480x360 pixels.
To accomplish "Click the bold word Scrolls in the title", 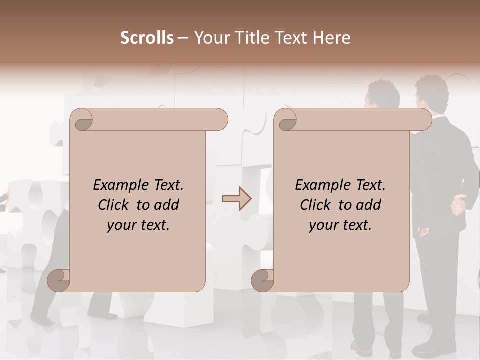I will [x=147, y=38].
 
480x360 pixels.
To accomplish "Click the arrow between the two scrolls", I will [x=236, y=199].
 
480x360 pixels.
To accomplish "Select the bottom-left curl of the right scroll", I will [x=263, y=280].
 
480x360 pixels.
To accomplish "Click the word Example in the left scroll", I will [x=116, y=185].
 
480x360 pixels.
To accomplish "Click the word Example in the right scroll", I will [x=318, y=185].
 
